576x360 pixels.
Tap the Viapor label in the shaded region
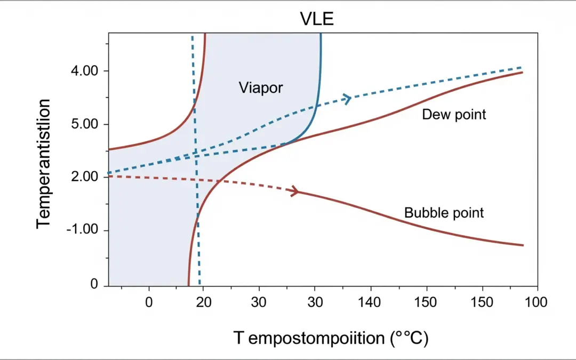[260, 87]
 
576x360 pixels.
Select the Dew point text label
[454, 114]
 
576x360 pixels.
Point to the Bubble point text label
[444, 213]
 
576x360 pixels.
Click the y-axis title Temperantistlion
[44, 163]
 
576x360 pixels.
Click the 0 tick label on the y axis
[94, 285]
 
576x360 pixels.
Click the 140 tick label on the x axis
[370, 302]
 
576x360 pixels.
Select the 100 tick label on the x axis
[536, 302]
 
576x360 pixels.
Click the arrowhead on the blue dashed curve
[347, 99]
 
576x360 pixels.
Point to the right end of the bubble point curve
[523, 245]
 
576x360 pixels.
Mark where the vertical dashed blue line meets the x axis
[199, 285]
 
